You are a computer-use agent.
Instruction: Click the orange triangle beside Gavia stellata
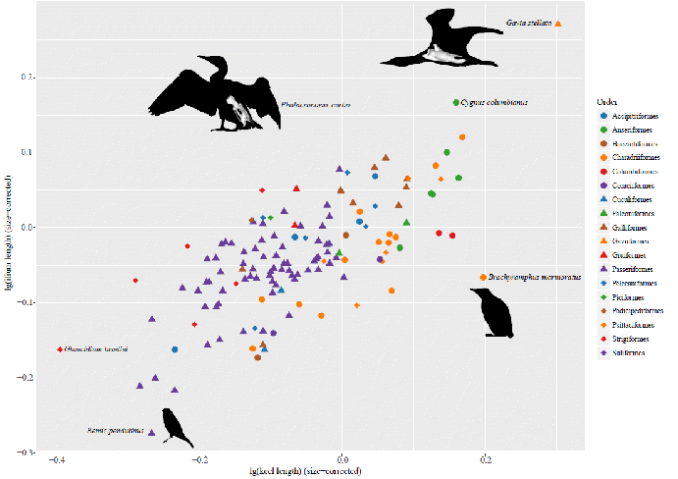click(x=558, y=24)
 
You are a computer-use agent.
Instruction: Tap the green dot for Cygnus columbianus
click(x=456, y=102)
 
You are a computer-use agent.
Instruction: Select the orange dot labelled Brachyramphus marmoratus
click(x=483, y=278)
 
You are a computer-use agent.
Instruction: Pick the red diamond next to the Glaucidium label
click(x=60, y=349)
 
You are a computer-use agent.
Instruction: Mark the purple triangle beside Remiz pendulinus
click(x=151, y=431)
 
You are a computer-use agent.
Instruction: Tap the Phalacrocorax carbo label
click(x=316, y=104)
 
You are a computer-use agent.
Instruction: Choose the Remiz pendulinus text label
click(x=116, y=430)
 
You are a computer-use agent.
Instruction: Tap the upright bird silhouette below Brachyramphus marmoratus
click(x=497, y=313)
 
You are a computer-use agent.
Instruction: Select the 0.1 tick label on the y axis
click(x=27, y=152)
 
